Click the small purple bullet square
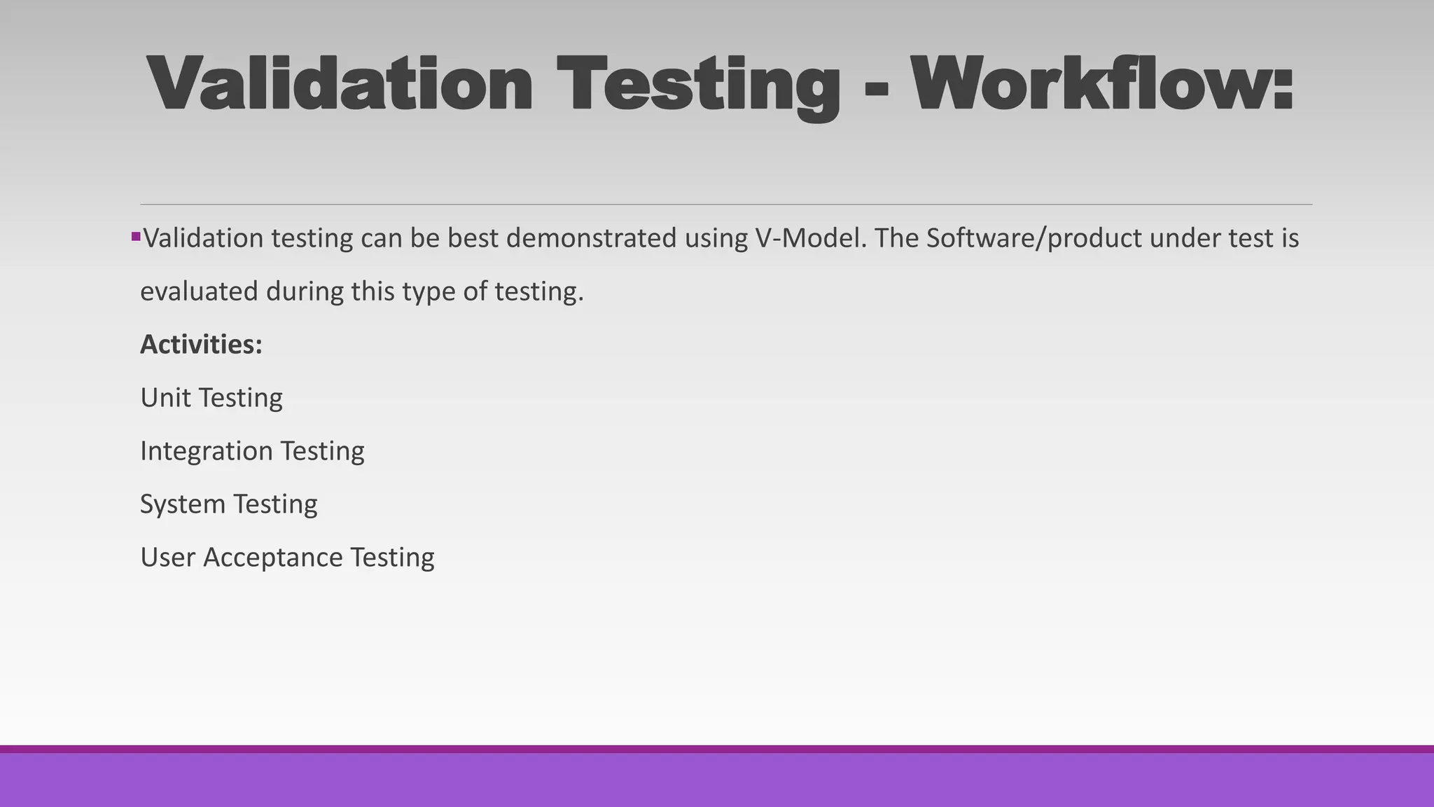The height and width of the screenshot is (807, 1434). pos(136,237)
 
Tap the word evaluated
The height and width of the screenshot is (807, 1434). pos(199,291)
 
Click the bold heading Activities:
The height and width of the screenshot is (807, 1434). pos(201,345)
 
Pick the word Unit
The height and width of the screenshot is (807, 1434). pos(165,398)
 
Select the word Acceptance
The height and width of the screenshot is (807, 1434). pos(272,558)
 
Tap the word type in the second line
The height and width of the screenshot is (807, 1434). pos(429,291)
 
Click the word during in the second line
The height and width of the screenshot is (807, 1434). pos(305,291)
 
